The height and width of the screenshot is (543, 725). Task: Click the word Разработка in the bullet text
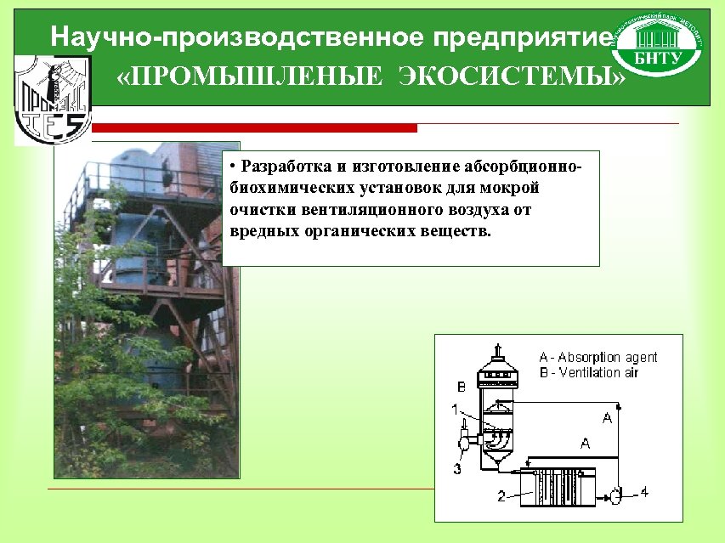click(284, 164)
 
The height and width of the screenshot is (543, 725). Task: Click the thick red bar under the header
click(254, 128)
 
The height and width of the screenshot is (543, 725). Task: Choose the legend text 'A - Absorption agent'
click(598, 358)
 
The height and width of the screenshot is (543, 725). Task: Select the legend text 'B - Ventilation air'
click(588, 372)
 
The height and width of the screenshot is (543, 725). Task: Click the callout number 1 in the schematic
click(456, 410)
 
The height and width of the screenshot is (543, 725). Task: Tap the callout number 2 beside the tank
click(501, 495)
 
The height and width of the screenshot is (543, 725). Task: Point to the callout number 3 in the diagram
click(457, 468)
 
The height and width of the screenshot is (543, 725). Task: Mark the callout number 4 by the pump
click(643, 491)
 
